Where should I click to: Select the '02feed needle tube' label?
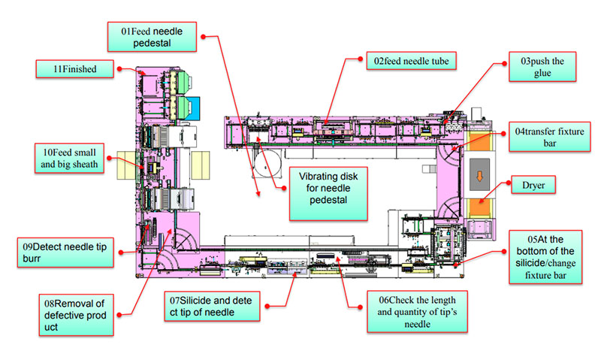click(x=415, y=60)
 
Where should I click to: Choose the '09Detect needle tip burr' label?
click(x=66, y=252)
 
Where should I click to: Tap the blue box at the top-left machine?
click(x=187, y=106)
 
